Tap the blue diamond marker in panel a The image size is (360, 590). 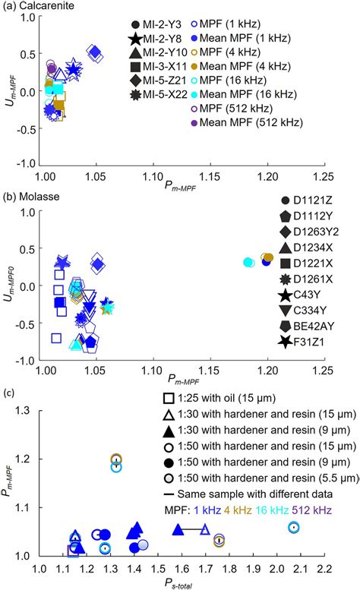tap(94, 52)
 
